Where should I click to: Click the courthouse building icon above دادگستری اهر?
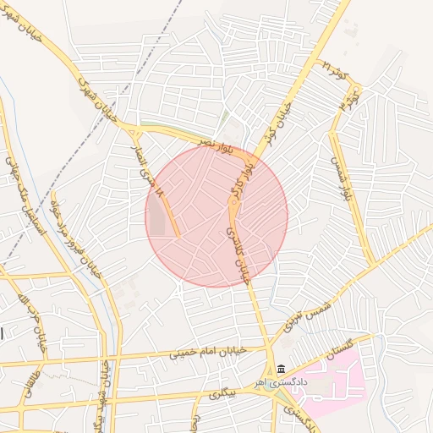(x=280, y=369)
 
